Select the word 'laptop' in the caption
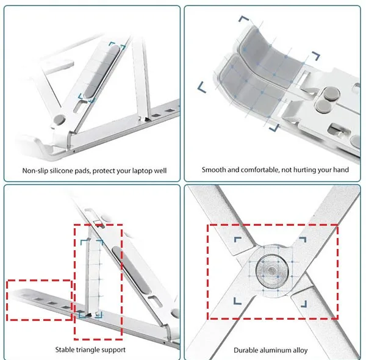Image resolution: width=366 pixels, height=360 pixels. pos(142,171)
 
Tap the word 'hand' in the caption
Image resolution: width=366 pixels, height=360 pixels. pos(342,170)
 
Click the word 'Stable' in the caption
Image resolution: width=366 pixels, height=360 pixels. pos(63,350)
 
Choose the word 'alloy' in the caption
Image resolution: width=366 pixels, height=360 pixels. pos(300,350)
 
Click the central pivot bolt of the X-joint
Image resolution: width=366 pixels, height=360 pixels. pos(271,271)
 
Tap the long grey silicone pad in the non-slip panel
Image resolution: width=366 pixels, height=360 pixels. pos(102,71)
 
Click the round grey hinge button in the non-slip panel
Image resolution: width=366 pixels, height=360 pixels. pos(59,120)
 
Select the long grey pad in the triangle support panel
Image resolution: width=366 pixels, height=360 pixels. pos(131,270)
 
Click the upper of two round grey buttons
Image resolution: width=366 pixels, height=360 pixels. pos(331,93)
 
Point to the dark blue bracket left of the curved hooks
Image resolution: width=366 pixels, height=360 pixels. pos(202,87)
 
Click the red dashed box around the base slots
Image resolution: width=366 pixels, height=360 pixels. pos(39,300)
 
